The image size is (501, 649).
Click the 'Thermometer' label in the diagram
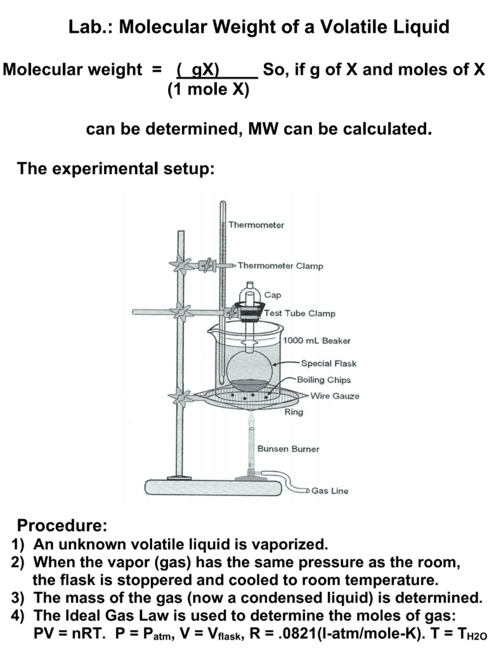point(256,224)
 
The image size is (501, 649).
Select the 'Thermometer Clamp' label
point(280,266)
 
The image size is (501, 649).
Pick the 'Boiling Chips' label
point(323,380)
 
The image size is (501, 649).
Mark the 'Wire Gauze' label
point(334,396)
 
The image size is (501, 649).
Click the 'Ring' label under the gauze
point(294,412)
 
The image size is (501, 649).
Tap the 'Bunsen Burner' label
point(288,449)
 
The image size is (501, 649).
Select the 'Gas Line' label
point(329,491)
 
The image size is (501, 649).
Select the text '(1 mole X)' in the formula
point(208,89)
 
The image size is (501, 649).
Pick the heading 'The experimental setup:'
point(116,169)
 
